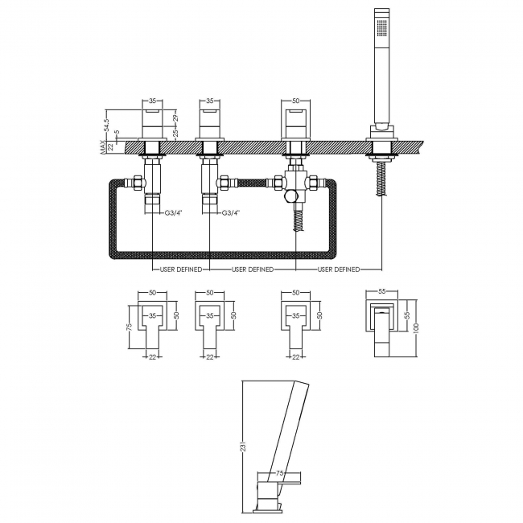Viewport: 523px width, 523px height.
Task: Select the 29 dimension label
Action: (176, 118)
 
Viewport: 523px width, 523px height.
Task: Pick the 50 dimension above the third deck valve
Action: (295, 101)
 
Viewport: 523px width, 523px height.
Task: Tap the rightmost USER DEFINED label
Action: (339, 269)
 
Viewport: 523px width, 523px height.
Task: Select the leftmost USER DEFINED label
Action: (179, 269)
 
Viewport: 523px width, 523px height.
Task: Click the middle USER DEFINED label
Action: (253, 269)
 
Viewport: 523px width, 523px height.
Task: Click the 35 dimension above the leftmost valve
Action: (153, 101)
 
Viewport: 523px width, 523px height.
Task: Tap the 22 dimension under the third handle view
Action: (295, 356)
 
